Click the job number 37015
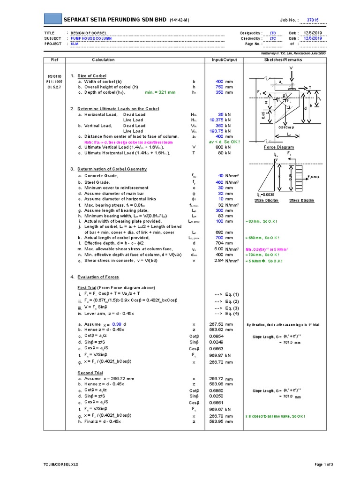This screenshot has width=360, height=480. (313, 21)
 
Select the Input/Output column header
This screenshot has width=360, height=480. (225, 60)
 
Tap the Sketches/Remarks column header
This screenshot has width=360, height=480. (283, 60)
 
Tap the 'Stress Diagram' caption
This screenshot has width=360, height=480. (301, 200)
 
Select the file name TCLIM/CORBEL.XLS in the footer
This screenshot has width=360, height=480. (59, 465)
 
